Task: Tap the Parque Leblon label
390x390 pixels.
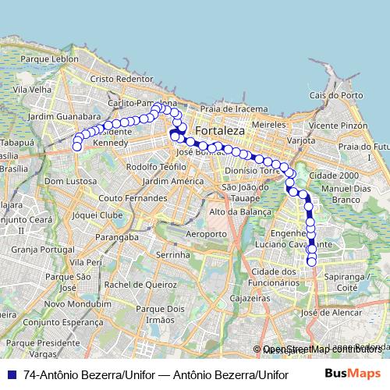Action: click(x=50, y=58)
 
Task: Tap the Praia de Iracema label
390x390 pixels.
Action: click(x=229, y=108)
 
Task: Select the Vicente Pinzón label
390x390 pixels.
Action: click(x=338, y=125)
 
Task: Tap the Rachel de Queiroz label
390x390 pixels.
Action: click(x=142, y=285)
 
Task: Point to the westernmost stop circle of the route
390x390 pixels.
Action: click(x=76, y=147)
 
